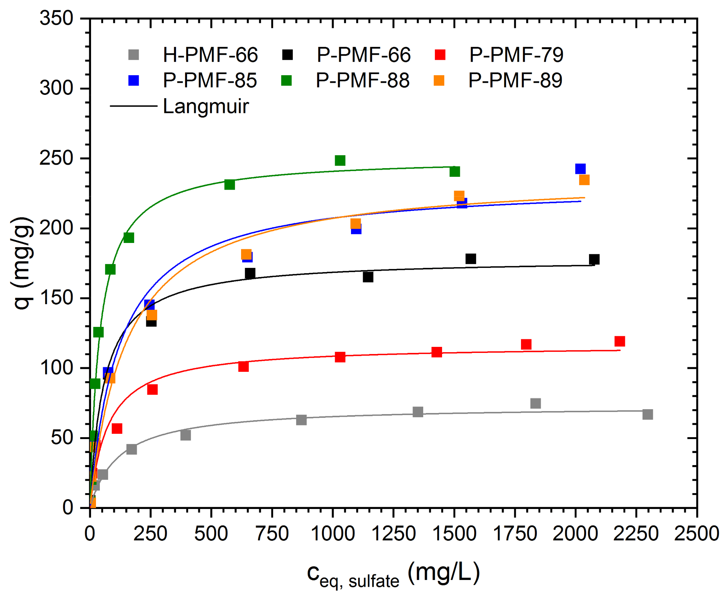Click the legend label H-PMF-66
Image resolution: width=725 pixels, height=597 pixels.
click(x=210, y=55)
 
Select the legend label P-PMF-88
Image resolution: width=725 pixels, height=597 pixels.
click(x=362, y=80)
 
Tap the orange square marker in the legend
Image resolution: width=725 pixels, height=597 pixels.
click(x=439, y=80)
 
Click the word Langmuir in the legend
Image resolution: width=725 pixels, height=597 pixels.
click(x=206, y=106)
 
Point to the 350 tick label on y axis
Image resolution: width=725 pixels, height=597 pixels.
click(x=56, y=18)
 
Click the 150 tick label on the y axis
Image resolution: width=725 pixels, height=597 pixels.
click(x=56, y=298)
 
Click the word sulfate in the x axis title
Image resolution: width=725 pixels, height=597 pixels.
click(x=374, y=581)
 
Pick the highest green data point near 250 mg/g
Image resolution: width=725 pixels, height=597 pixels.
click(x=340, y=161)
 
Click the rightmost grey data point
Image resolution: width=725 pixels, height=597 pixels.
click(x=647, y=414)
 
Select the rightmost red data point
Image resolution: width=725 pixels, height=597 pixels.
click(x=619, y=341)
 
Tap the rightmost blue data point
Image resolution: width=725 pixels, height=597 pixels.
click(x=580, y=169)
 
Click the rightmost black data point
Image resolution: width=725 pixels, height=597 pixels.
click(x=594, y=259)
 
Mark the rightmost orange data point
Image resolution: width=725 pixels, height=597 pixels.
click(x=584, y=180)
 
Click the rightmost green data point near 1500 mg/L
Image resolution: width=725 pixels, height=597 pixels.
click(x=454, y=172)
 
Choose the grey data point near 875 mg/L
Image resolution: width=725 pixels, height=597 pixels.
click(x=301, y=420)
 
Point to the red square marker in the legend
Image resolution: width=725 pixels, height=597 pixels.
click(x=440, y=55)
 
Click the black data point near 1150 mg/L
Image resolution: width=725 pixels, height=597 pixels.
click(x=368, y=277)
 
